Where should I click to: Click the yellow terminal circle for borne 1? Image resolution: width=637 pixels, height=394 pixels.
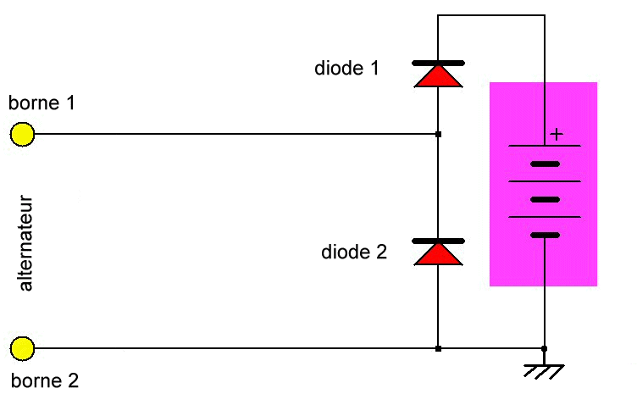[22, 134]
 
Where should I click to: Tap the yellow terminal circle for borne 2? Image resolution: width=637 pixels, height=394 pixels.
[22, 348]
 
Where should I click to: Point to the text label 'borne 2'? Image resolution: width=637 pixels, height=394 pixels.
[45, 380]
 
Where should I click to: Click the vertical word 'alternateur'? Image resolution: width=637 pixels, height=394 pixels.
[25, 243]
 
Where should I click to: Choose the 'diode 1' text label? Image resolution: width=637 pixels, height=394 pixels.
[346, 68]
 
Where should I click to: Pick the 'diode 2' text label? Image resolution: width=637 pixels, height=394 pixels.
[354, 252]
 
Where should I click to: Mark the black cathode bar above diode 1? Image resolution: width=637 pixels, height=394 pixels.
[437, 63]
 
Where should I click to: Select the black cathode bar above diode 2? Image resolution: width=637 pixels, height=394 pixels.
[437, 241]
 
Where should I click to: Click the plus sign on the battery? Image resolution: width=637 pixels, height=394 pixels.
[556, 134]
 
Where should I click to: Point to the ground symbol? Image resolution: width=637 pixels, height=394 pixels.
[544, 370]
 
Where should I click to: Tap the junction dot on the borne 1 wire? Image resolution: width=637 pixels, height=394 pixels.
[437, 134]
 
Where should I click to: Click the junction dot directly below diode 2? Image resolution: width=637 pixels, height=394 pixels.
[437, 348]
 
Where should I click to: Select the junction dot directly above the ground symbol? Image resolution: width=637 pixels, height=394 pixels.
[544, 348]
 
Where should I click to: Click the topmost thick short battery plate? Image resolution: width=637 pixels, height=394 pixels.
[545, 164]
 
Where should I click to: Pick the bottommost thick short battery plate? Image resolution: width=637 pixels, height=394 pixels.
[545, 235]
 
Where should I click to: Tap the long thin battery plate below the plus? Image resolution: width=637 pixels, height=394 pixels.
[545, 146]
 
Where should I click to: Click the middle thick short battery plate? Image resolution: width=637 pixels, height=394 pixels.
[545, 199]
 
